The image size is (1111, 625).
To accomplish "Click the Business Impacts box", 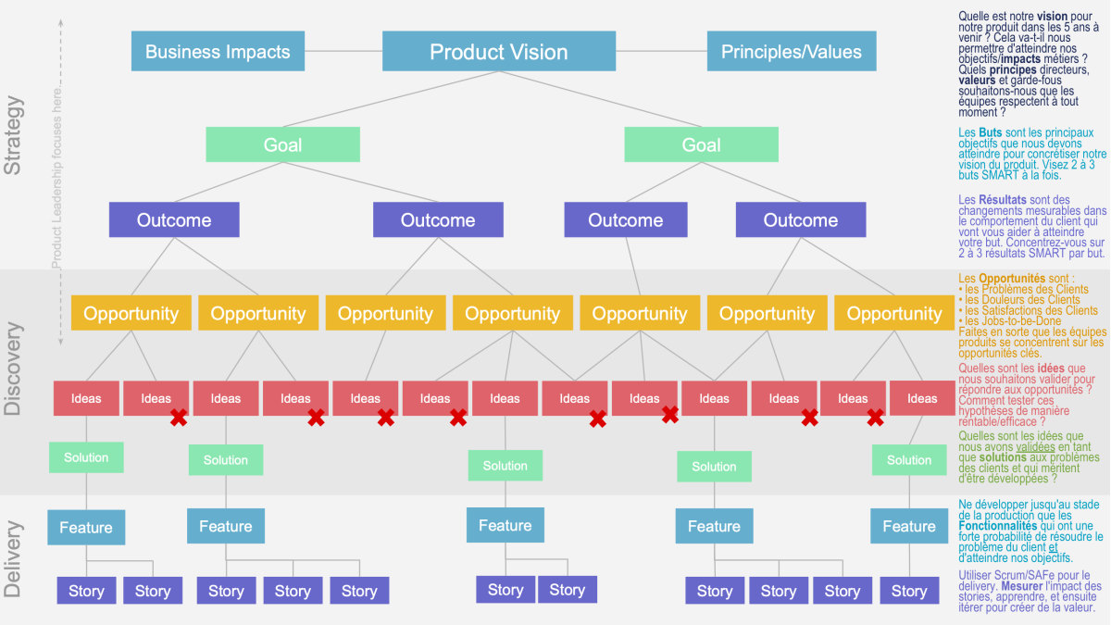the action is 218,51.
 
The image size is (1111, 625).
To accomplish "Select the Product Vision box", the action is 499,51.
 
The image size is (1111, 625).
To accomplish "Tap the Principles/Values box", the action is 792,51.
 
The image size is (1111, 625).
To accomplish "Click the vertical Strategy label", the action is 13,135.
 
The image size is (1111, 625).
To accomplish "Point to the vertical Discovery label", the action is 13,369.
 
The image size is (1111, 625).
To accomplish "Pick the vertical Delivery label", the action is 13,559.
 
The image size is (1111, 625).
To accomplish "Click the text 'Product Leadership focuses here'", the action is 57,179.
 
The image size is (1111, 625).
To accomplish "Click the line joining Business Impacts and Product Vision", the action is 343,51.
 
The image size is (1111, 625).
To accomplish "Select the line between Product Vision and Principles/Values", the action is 661,51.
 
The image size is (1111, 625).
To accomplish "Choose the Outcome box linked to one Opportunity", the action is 626,219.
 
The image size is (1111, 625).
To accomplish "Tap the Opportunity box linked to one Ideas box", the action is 385,313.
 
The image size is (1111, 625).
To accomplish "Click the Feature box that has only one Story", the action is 909,526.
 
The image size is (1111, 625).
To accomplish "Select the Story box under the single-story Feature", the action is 909,591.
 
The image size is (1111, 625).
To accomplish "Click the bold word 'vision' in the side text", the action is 1051,17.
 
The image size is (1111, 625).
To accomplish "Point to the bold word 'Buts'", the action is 991,133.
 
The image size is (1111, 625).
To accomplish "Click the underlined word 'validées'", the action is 1036,447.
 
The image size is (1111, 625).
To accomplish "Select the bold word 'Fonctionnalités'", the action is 997,526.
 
